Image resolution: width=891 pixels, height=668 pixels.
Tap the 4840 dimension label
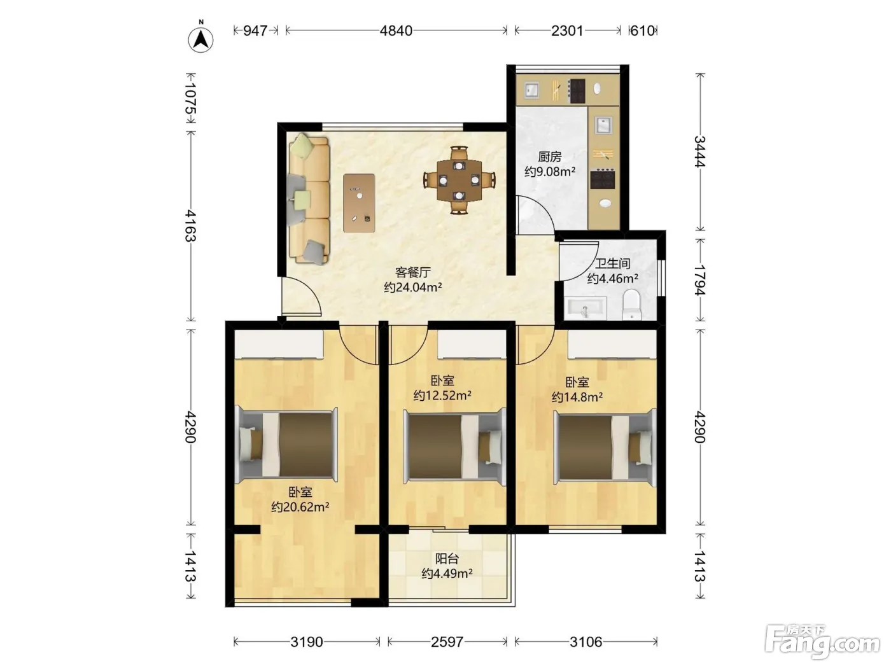pos(396,31)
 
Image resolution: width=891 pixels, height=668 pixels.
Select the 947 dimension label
pos(255,31)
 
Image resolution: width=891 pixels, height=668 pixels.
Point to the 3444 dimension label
pos(699,151)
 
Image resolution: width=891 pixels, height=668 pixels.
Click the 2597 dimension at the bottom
pos(447,642)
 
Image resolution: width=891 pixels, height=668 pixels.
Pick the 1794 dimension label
pos(699,281)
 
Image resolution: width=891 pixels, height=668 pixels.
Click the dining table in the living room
pos(459,181)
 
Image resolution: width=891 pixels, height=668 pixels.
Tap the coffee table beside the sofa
pos(359,203)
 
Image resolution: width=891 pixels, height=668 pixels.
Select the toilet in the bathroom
pos(631,304)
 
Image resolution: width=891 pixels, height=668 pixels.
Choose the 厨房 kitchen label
pos(550,156)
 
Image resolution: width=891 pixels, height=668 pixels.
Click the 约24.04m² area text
pos(413,287)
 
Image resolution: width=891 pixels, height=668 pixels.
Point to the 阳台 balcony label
pos(447,559)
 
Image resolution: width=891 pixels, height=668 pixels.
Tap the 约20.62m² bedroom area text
pos(300,506)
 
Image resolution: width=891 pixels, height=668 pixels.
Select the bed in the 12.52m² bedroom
pos(454,447)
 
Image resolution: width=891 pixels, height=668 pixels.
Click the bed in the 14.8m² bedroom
pos(605,447)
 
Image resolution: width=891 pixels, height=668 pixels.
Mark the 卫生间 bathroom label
pos(612,263)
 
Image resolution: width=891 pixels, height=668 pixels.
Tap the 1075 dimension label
pos(190,99)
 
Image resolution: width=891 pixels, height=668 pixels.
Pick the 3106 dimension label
pos(586,642)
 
